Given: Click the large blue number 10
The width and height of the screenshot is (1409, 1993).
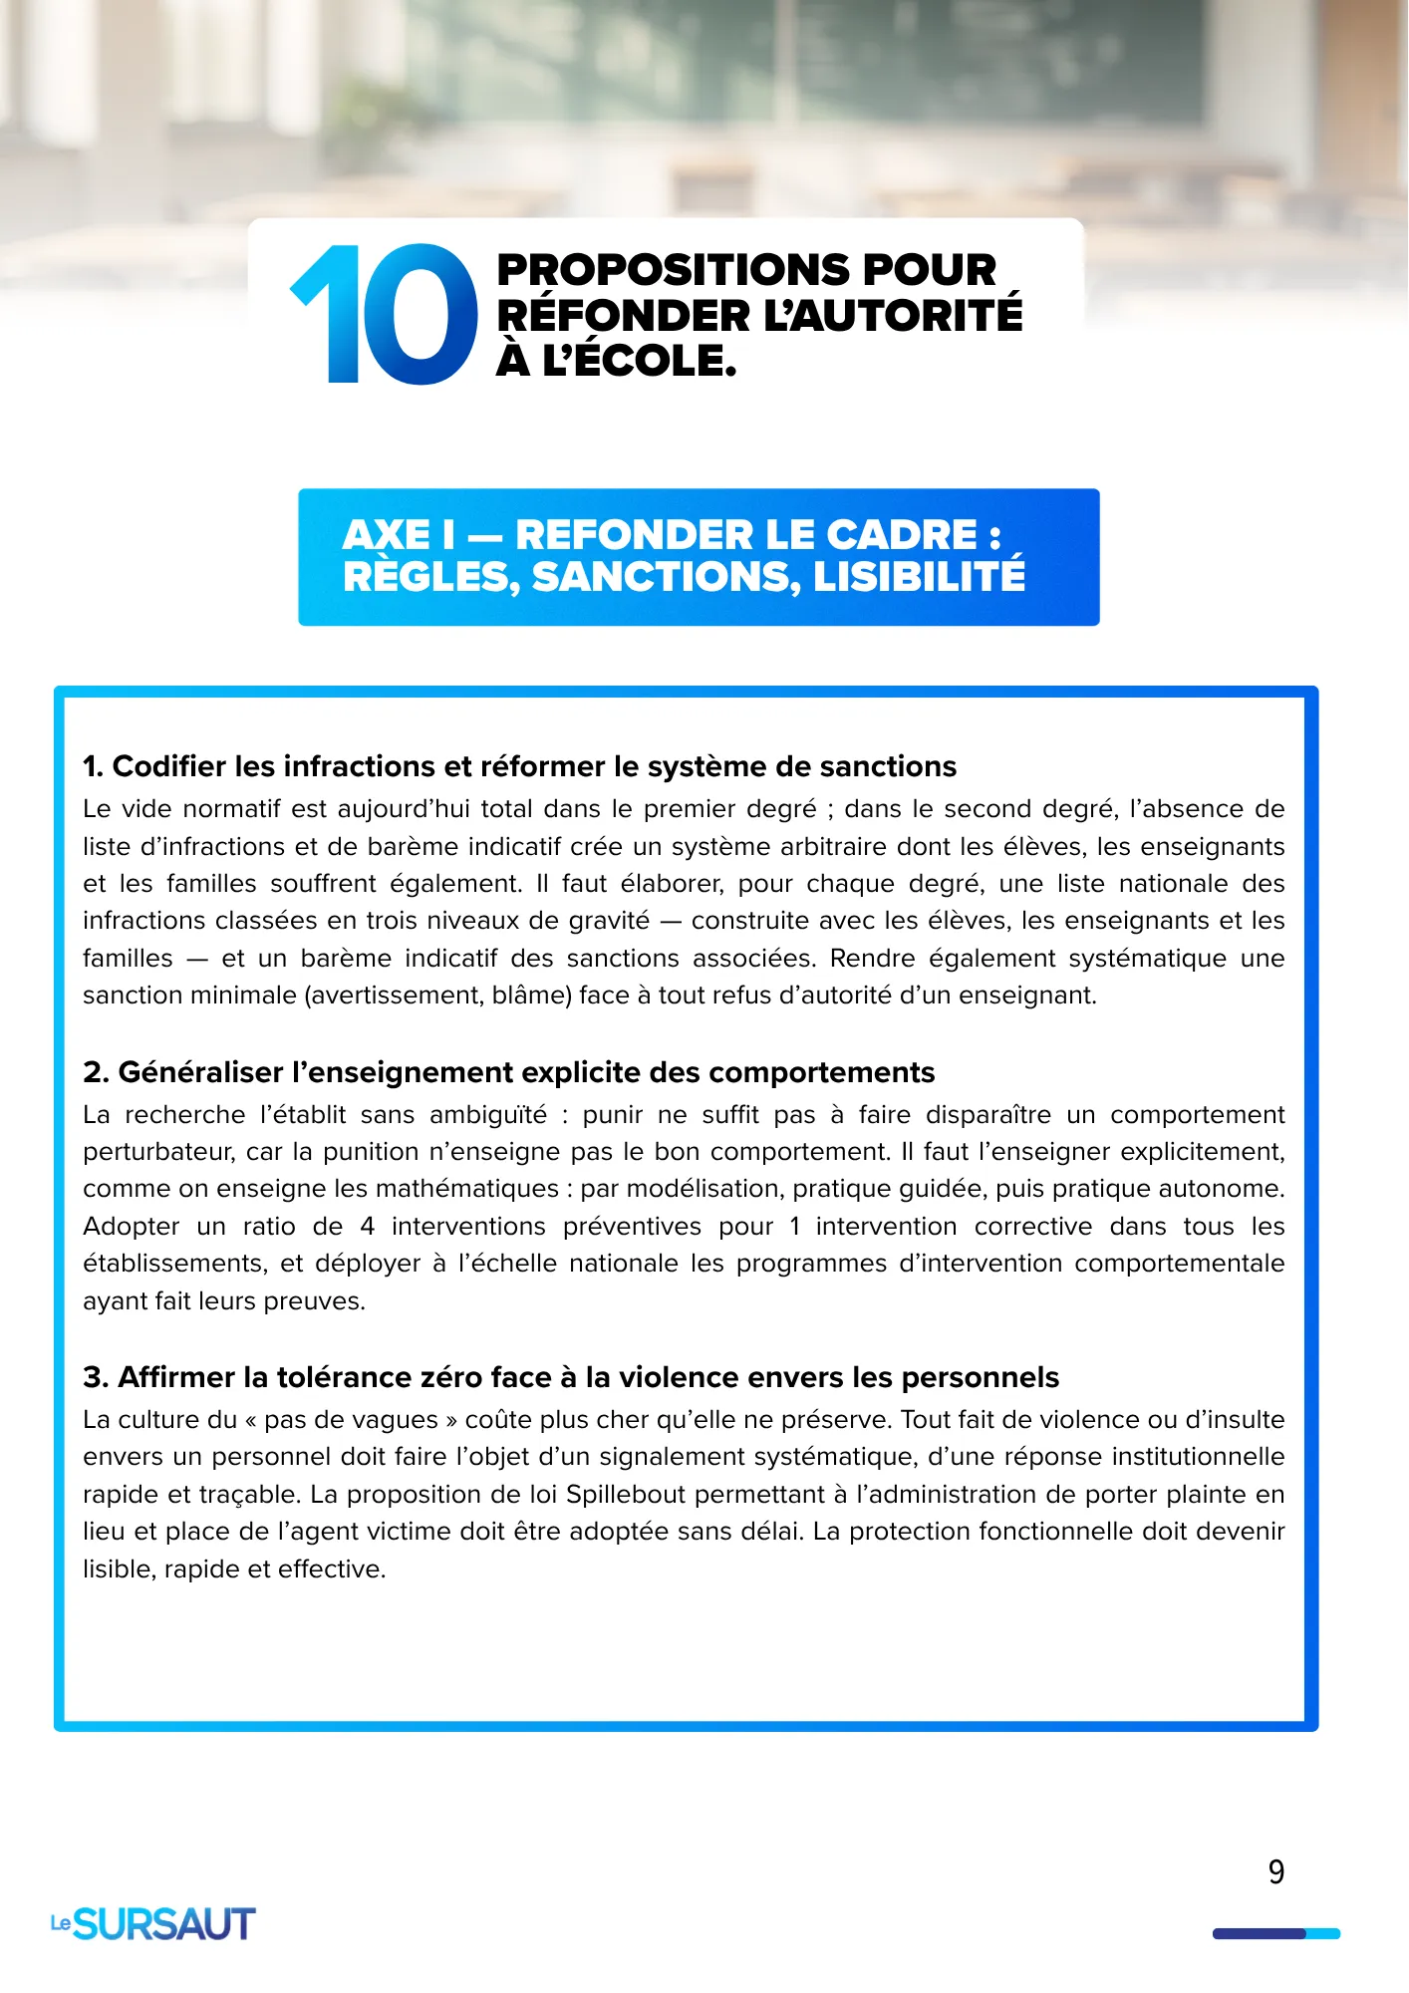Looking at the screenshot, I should coord(384,314).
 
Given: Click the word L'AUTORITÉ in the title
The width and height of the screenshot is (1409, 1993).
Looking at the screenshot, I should coord(893,316).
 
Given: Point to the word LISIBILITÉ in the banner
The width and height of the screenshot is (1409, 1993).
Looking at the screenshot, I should coord(919,577).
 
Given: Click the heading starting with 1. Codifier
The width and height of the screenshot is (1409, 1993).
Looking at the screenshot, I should coord(519,766).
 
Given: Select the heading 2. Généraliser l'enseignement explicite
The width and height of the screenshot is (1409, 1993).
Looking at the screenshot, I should coord(508,1072).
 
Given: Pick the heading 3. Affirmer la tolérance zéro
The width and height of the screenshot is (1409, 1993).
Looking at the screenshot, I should coord(570,1377).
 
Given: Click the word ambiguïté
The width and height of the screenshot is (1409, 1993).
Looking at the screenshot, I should coord(488,1114).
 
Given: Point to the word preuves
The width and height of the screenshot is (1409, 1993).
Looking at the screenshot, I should coord(317,1301).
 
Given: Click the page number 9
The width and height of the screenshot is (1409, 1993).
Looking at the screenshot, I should coord(1275,1872).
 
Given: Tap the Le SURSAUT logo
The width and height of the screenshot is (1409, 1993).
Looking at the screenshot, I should coord(153,1923).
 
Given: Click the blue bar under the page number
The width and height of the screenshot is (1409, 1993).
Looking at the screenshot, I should coord(1275,1934).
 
